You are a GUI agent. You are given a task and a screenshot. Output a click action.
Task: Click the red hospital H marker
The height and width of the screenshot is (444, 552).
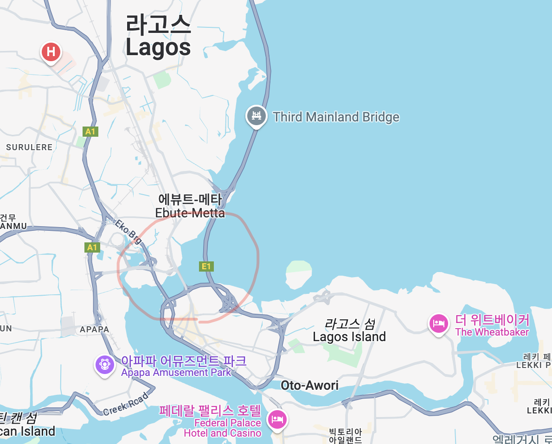click(x=51, y=51)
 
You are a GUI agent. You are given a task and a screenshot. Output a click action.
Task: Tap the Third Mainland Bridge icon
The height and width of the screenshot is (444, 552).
click(x=256, y=115)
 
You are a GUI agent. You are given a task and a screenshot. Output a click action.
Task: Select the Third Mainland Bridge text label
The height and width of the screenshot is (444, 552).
click(x=336, y=117)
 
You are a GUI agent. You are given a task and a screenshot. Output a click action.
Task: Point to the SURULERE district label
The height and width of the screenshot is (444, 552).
click(x=29, y=147)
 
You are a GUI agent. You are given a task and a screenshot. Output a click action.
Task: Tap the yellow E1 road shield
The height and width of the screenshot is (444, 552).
click(x=206, y=266)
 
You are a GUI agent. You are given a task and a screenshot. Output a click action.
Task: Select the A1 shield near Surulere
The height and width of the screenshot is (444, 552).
click(x=90, y=132)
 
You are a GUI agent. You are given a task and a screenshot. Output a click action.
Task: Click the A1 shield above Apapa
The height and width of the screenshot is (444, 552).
click(x=92, y=247)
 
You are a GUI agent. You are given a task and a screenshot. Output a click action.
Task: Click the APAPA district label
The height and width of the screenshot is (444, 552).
click(x=94, y=330)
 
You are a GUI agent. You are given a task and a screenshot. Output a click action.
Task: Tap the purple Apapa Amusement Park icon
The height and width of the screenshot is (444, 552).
click(x=105, y=364)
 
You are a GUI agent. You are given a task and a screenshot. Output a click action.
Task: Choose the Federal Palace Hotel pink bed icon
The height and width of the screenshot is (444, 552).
click(x=277, y=420)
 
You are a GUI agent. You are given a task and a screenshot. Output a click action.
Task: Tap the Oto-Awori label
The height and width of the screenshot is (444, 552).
click(x=309, y=385)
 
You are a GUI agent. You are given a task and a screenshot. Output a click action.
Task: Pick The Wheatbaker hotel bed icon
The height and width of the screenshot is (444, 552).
click(x=438, y=323)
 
